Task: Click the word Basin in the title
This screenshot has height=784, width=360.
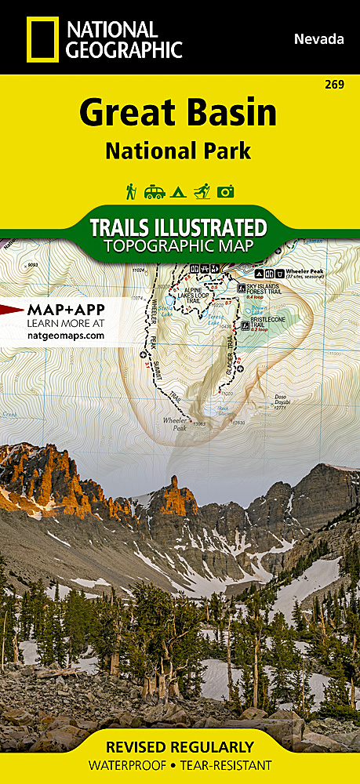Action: tap(232, 114)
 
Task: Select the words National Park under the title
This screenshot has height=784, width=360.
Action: tap(178, 151)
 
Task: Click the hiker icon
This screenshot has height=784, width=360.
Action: tap(131, 191)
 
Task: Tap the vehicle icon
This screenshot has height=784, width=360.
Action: tap(154, 191)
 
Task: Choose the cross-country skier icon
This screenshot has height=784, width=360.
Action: tap(202, 191)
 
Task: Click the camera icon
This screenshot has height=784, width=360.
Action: tap(226, 191)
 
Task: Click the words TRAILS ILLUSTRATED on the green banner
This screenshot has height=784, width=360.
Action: tap(178, 228)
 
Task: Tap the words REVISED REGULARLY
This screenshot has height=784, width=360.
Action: tap(180, 746)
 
